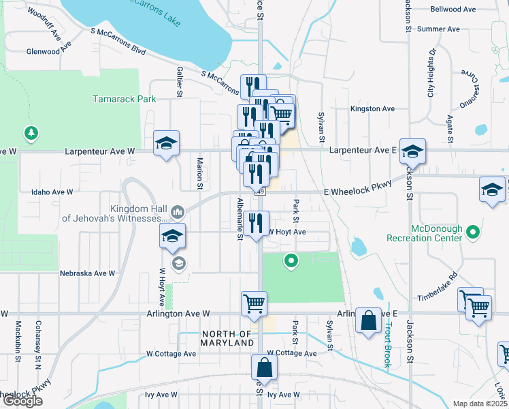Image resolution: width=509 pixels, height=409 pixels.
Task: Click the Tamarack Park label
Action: click(x=125, y=99)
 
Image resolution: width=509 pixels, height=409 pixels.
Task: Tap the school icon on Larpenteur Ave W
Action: click(x=166, y=143)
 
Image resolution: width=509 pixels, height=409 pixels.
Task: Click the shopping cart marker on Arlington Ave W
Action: click(x=254, y=304)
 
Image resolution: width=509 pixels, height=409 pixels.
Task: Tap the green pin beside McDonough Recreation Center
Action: click(x=474, y=233)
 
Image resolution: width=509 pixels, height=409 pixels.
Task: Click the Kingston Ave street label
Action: click(x=372, y=108)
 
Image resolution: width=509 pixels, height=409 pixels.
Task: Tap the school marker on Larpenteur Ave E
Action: click(x=412, y=151)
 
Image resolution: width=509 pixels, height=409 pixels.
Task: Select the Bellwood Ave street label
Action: click(x=453, y=10)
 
